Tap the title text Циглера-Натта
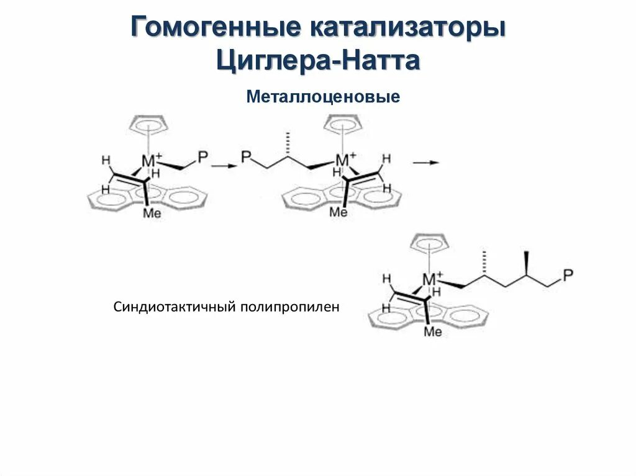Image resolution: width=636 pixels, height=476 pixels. tap(318, 61)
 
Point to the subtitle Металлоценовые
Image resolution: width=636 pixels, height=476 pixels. tap(322, 97)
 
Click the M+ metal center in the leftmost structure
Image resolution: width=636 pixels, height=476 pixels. tap(151, 161)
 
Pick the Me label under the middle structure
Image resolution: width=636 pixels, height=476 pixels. tap(338, 212)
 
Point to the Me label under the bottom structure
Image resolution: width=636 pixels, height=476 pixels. tap(432, 332)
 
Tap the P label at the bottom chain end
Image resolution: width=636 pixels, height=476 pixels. tap(568, 274)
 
